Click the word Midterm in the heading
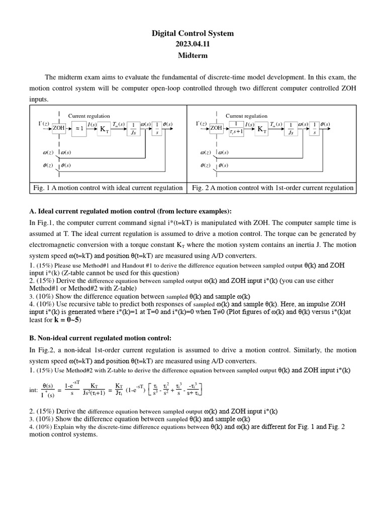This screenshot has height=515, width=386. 193,55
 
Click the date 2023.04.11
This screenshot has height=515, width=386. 193,44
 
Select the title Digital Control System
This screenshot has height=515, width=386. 193,33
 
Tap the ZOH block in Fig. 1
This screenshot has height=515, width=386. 59,128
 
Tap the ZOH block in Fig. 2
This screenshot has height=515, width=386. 216,128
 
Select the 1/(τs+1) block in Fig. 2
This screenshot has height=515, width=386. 235,128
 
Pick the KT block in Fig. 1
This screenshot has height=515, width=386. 104,129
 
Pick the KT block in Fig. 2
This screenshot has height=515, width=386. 261,129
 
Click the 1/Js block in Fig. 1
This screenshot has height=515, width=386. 133,128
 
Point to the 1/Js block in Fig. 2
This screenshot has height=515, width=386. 291,128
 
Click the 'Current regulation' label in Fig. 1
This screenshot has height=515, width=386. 89,116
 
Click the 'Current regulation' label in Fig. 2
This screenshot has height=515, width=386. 246,116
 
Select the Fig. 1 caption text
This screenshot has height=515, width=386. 108,188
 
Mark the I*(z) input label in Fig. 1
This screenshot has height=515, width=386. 44,124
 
